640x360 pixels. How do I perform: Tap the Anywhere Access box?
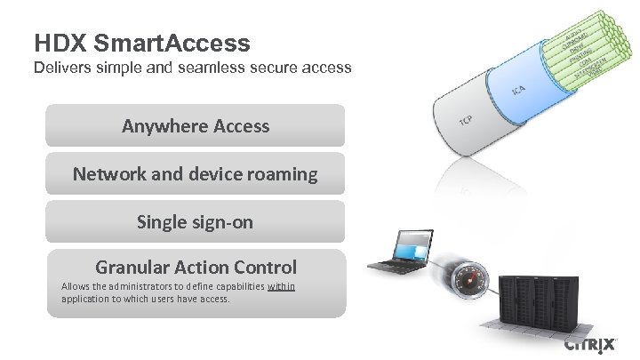pyautogui.click(x=196, y=125)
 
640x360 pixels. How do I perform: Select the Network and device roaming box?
pyautogui.click(x=196, y=174)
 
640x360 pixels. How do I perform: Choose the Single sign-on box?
pyautogui.click(x=196, y=222)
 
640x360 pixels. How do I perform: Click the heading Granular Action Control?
pyautogui.click(x=196, y=267)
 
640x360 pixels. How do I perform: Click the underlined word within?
pyautogui.click(x=281, y=286)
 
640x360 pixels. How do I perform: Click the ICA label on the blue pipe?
pyautogui.click(x=517, y=91)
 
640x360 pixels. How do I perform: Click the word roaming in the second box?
pyautogui.click(x=279, y=174)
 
